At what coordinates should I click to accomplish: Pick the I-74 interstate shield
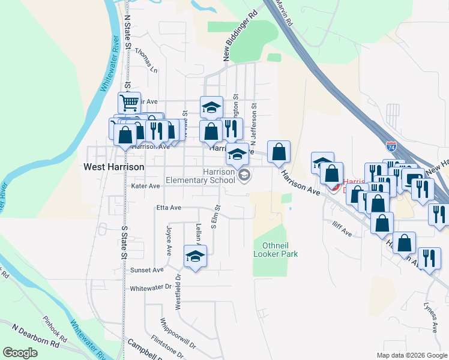[391, 146]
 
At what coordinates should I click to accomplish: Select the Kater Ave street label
[145, 187]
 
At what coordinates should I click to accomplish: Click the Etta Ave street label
[168, 208]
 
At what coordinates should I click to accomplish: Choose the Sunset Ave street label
[147, 271]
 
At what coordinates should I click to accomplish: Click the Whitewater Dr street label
[151, 288]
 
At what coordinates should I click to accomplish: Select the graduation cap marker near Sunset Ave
[195, 257]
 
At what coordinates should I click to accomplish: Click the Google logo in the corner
[20, 353]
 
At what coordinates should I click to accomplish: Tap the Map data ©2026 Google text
[411, 355]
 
